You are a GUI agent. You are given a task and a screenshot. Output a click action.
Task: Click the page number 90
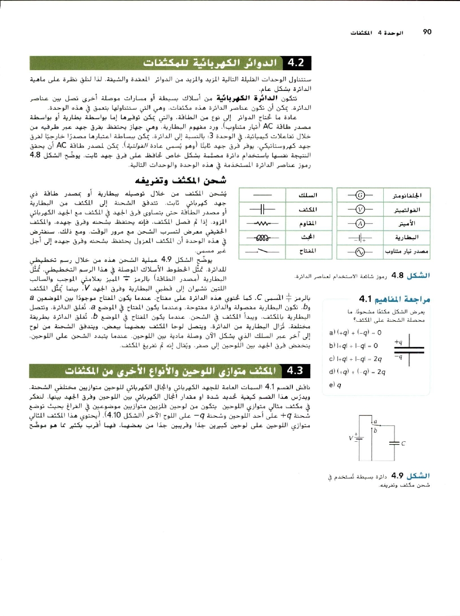point(427,32)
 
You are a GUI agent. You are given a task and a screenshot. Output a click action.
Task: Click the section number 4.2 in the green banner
point(296,63)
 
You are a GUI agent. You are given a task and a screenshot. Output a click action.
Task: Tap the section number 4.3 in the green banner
point(295,371)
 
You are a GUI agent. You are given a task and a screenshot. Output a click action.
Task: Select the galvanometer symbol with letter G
point(360,195)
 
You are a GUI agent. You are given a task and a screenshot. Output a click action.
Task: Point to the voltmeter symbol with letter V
point(360,210)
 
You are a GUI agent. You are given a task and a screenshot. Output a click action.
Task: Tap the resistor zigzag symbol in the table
point(262,223)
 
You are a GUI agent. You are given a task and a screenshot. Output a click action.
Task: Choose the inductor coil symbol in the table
point(262,237)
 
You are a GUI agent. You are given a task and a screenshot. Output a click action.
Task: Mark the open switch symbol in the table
point(262,251)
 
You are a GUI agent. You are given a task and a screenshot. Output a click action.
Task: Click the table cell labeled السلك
point(308,195)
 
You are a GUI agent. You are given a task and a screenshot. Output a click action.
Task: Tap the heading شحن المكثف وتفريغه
point(181,180)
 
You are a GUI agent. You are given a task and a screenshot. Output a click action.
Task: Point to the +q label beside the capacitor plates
point(398,342)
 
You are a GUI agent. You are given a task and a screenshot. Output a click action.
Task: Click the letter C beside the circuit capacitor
point(403,443)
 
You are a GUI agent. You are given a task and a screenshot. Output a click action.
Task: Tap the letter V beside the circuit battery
point(350,438)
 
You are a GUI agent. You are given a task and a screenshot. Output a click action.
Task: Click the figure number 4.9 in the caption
point(397,476)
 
